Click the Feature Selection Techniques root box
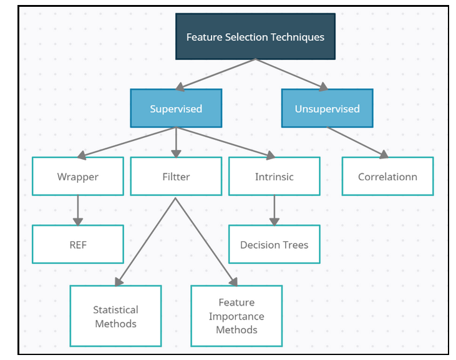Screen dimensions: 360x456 click(x=255, y=37)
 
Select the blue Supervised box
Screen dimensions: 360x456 click(x=176, y=109)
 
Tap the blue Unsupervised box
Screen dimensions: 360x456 click(x=327, y=109)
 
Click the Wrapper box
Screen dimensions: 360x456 click(x=78, y=177)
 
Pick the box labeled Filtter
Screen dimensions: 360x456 click(x=176, y=177)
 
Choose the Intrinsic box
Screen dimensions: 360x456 click(x=274, y=177)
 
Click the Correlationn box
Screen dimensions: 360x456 click(x=387, y=177)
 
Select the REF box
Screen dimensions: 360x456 click(x=78, y=245)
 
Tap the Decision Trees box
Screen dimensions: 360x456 click(x=274, y=245)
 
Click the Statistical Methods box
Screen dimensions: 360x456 click(x=115, y=316)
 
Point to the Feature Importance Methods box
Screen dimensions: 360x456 click(x=236, y=316)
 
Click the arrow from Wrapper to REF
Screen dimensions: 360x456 click(x=78, y=210)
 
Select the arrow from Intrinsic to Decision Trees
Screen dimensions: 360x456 click(x=274, y=210)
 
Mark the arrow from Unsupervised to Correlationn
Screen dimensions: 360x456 click(x=357, y=142)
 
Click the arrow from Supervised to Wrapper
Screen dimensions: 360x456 click(x=127, y=142)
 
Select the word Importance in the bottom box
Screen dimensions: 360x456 click(x=236, y=316)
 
